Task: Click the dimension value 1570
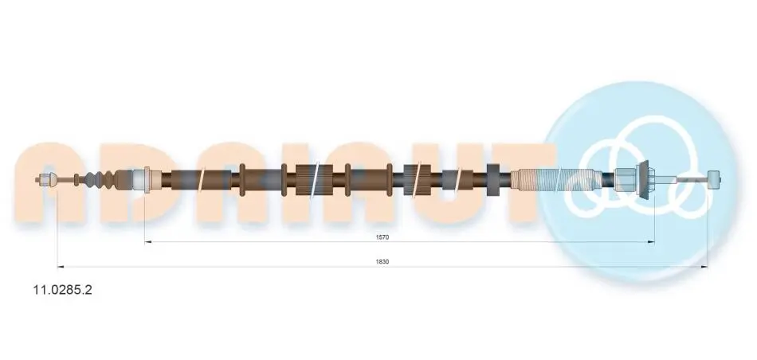382,237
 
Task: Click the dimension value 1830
382,261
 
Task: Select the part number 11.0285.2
62,290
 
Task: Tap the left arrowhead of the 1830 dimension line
61,266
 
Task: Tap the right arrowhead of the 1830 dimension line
704,266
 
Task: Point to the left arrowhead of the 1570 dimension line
148,242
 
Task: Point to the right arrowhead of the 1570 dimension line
651,242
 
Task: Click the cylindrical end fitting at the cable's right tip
713,180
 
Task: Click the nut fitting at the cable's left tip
45,180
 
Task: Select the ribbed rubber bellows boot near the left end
99,180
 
